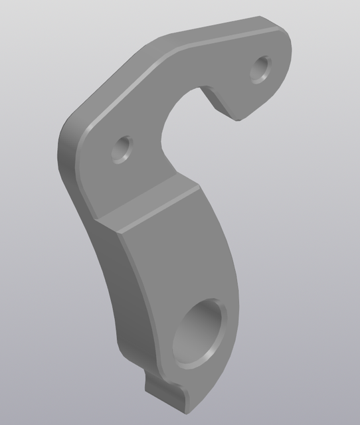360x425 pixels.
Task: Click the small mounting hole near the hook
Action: tap(262, 68)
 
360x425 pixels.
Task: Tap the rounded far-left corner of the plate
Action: tap(66, 139)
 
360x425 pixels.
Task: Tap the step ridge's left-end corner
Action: tap(98, 220)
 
